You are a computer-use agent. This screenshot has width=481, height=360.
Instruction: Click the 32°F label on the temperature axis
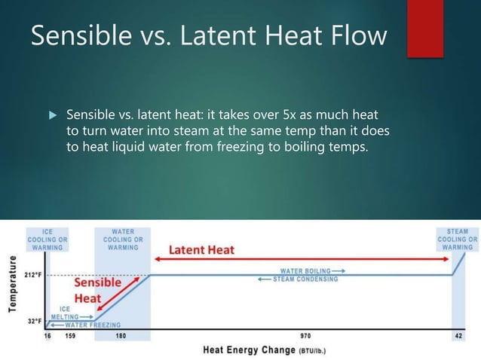click(x=35, y=321)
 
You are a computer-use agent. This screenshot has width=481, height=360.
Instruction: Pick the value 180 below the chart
click(x=120, y=335)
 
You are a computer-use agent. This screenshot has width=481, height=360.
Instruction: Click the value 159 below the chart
click(x=70, y=335)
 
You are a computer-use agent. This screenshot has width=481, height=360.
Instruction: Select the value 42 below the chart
click(x=459, y=335)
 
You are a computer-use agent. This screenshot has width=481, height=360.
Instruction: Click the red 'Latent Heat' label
click(x=201, y=249)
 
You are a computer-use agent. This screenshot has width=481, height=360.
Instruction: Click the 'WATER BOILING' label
click(x=309, y=270)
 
